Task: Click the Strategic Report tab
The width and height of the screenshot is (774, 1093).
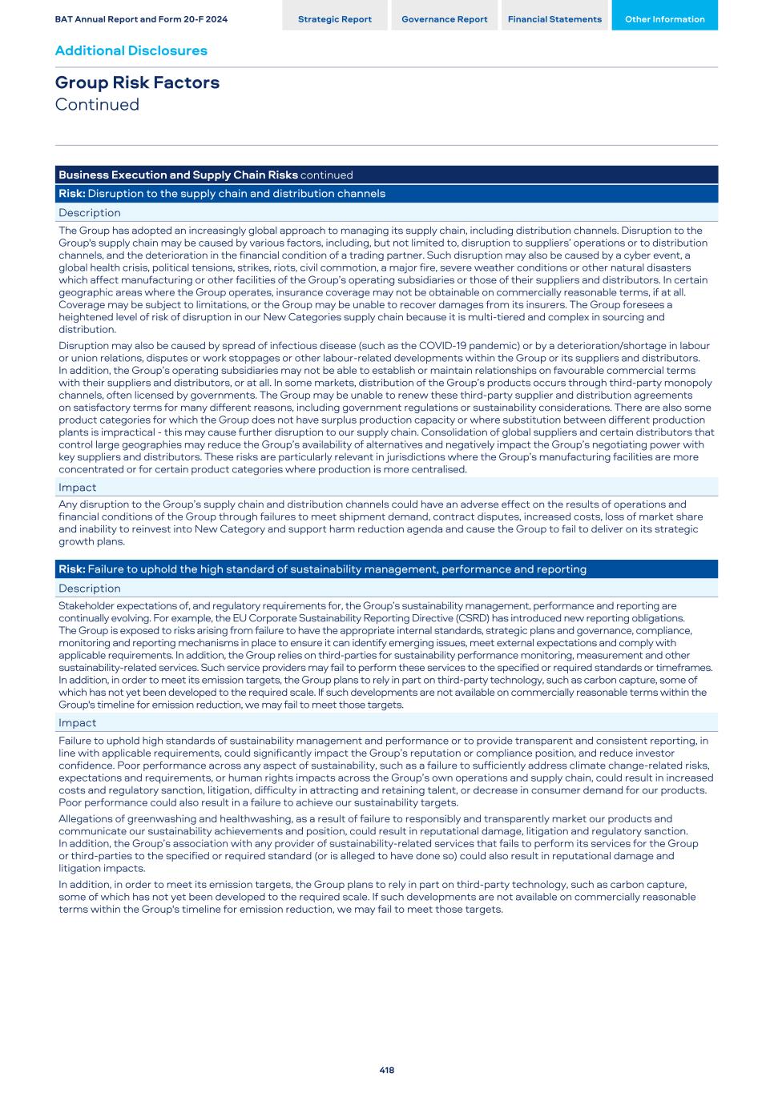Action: tap(334, 19)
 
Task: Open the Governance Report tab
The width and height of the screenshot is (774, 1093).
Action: tap(444, 19)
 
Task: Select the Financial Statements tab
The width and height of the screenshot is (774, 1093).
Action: tap(554, 19)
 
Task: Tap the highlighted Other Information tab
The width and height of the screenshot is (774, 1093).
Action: tap(664, 19)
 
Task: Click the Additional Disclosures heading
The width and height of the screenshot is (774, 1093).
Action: tap(131, 50)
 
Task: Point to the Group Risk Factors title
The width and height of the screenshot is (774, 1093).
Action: tap(137, 82)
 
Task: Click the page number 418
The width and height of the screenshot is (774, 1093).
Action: tap(387, 1070)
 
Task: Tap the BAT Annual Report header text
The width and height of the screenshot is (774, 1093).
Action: tap(141, 19)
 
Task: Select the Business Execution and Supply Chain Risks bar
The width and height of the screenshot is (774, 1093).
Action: tap(205, 175)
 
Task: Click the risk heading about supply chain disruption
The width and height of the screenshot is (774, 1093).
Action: tap(222, 194)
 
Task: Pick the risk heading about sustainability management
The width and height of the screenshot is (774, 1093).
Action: tap(322, 569)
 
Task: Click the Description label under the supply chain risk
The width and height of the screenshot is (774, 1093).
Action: tap(90, 213)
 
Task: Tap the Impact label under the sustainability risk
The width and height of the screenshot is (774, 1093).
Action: tap(77, 723)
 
